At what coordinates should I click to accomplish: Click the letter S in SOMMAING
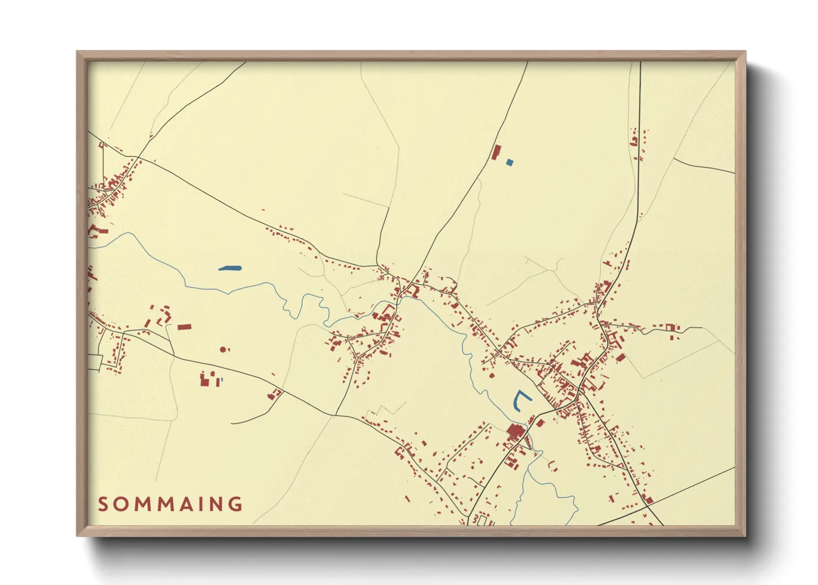(103, 504)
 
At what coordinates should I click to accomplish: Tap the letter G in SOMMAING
(236, 504)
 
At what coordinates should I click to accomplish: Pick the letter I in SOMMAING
(201, 504)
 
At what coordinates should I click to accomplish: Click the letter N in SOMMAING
(217, 504)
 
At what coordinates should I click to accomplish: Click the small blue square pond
(510, 162)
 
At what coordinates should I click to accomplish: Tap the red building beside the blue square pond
(496, 152)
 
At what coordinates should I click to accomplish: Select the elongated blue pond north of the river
(230, 269)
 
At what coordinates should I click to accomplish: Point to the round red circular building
(223, 349)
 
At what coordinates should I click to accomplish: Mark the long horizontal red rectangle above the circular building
(184, 327)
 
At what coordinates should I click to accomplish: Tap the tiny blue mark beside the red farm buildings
(222, 380)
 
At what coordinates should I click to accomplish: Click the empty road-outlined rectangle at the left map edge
(95, 362)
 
